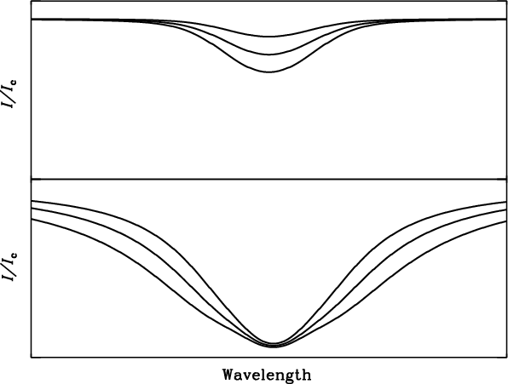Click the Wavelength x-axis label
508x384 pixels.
pos(267,375)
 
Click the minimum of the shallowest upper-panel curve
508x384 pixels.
pos(268,37)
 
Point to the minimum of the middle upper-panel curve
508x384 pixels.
pos(268,54)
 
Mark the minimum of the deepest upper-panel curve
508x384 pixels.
pos(268,72)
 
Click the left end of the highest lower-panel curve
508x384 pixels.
pos(32,201)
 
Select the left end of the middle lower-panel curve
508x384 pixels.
pos(32,209)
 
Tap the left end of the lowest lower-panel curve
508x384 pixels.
pos(32,220)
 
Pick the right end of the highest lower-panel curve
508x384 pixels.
pos(506,202)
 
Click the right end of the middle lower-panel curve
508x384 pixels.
pos(506,210)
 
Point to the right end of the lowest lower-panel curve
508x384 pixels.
pos(506,221)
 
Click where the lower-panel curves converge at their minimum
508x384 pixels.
pos(274,345)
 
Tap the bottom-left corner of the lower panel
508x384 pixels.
pos(32,358)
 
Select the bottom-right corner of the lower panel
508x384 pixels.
pos(506,358)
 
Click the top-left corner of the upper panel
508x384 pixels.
pos(32,1)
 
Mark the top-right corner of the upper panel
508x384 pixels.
pos(506,1)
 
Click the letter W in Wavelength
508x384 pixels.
pos(228,375)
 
